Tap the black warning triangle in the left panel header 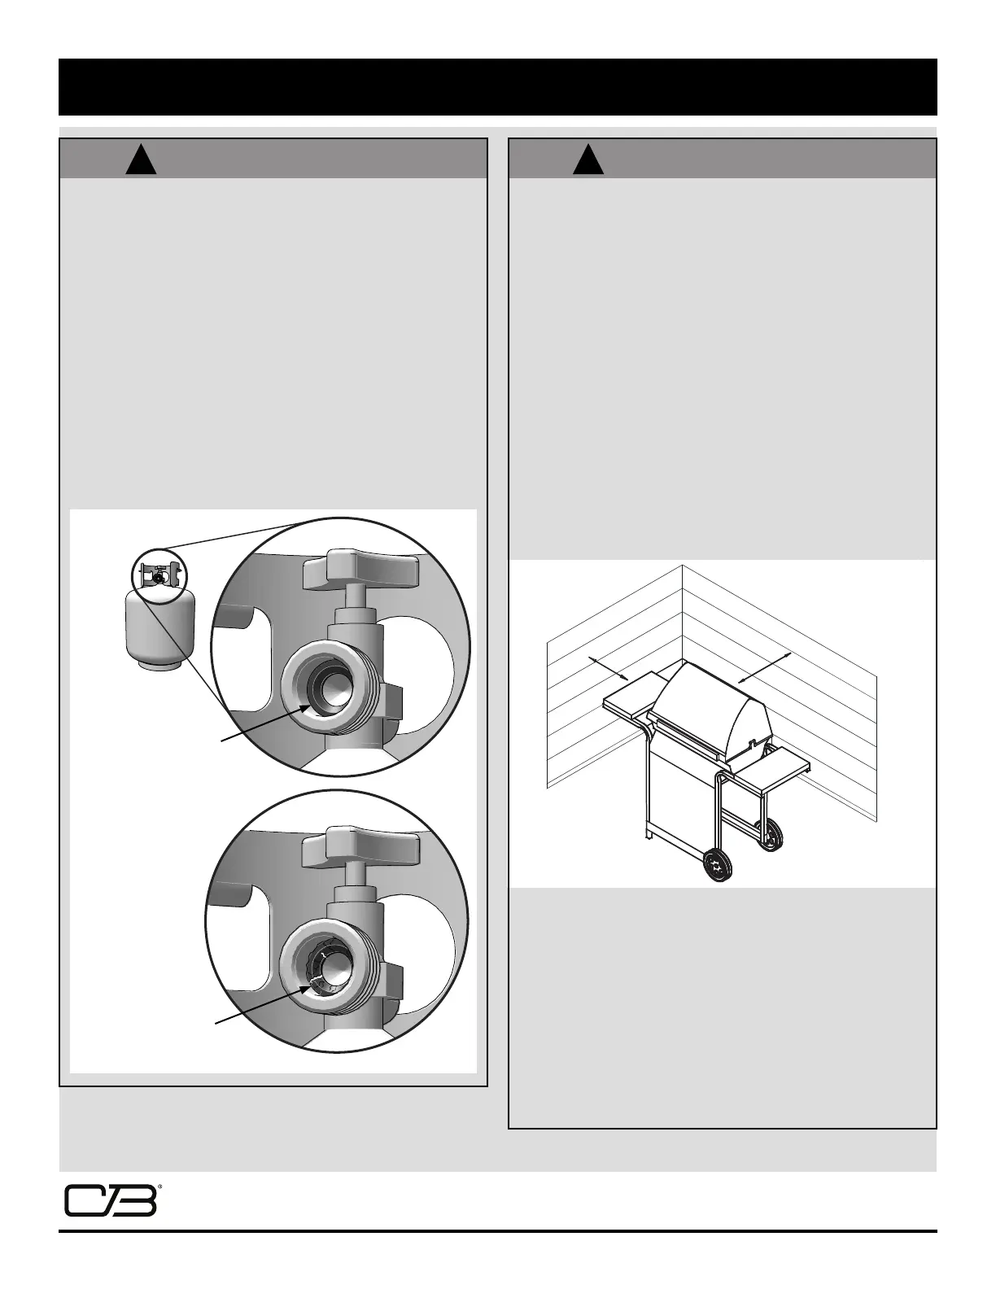click(142, 159)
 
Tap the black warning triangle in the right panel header click(588, 159)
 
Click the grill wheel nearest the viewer click(717, 866)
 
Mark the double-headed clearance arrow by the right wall click(765, 667)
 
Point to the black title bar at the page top click(498, 86)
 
